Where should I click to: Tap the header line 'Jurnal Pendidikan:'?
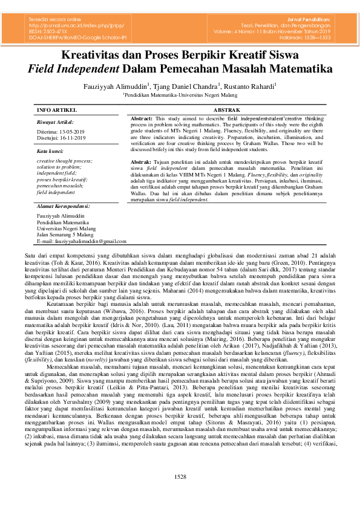coord(313,21)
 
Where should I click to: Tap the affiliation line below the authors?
coord(180,95)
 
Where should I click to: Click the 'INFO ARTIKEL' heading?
coord(57,110)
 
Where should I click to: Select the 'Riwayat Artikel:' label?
coord(54,122)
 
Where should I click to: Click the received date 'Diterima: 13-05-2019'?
coord(61,131)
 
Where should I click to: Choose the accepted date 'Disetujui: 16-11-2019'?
coord(61,137)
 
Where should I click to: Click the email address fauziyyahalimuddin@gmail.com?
coord(81,241)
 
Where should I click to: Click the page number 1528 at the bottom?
coord(180,493)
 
